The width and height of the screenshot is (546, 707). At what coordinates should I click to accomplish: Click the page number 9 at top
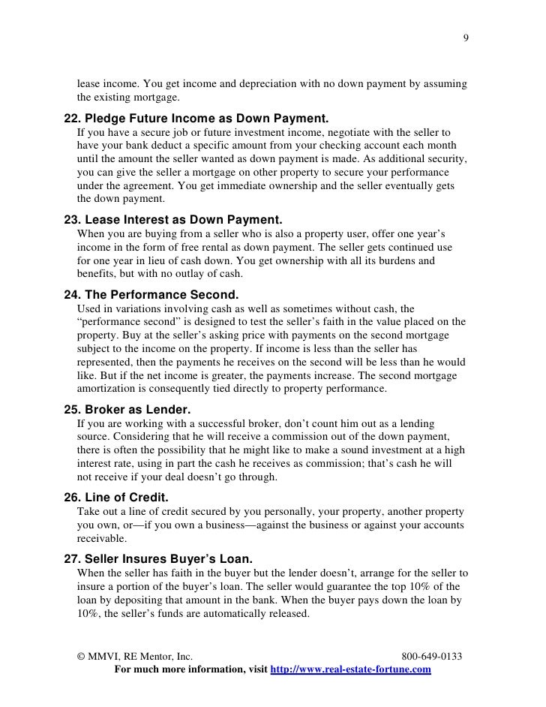click(466, 39)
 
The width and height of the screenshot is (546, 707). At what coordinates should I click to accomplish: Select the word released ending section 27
click(286, 612)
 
